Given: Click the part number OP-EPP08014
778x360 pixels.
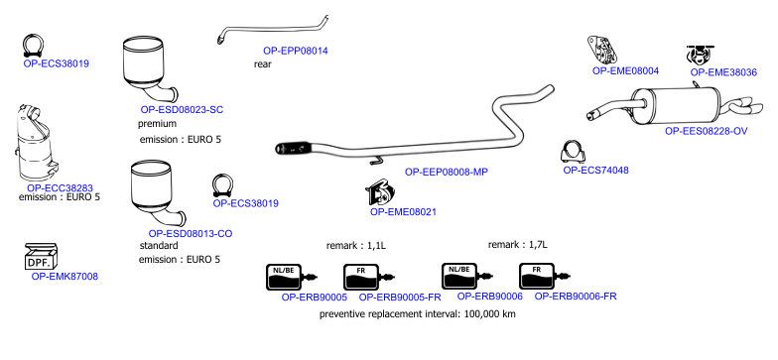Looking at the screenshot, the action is coord(296,51).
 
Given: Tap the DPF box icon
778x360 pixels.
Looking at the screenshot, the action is coord(42,256).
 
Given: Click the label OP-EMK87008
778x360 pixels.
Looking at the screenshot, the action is coord(65,277).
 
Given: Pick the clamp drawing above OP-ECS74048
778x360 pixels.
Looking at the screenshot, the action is coord(573,152).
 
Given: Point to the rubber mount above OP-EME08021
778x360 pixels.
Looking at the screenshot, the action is coord(379,192).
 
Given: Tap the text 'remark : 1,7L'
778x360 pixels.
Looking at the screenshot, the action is coord(518,244).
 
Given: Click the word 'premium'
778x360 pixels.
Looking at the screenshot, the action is coord(157,123).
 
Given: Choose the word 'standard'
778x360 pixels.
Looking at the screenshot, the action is coord(159,246).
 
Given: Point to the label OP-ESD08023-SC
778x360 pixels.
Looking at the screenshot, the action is coord(183,110).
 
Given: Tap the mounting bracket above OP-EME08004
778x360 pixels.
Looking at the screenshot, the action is coord(601,50).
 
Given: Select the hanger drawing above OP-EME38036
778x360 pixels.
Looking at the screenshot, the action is coord(700,55).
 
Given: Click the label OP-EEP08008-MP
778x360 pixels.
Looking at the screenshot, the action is coord(447,173).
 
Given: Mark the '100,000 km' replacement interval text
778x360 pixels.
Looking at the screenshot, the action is coord(490,313).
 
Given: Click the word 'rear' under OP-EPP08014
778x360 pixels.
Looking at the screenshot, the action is coord(262,63).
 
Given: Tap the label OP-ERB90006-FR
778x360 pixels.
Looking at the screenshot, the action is coord(576,297).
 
